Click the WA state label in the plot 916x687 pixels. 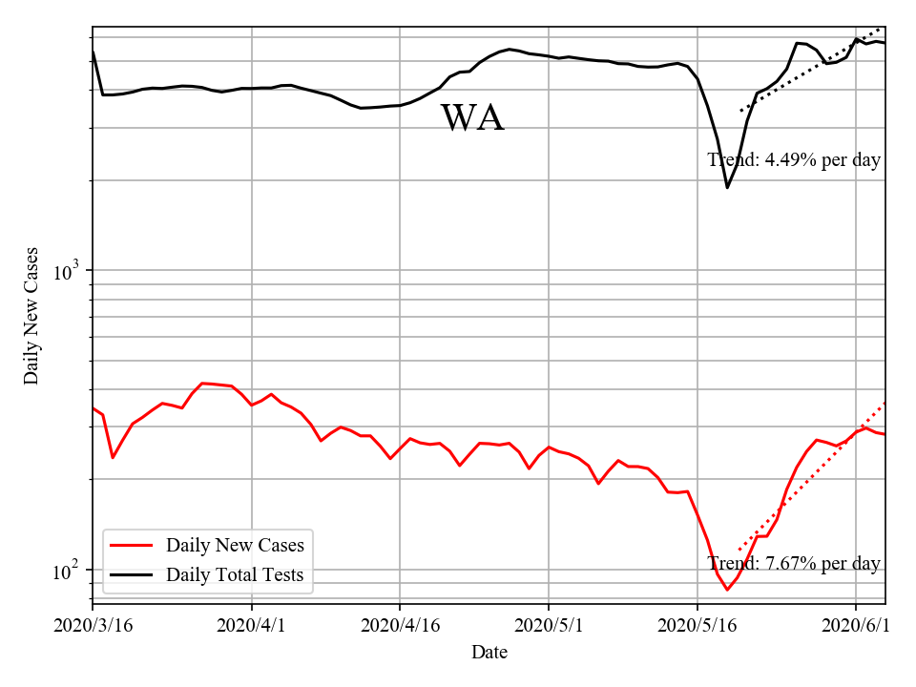[472, 118]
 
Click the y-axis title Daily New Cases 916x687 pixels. [31, 316]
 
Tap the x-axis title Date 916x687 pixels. [489, 653]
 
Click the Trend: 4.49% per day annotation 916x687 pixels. [794, 160]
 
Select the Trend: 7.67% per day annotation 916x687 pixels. [794, 564]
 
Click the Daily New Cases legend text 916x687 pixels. [235, 546]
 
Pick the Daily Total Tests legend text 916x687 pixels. [235, 574]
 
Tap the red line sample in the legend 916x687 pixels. [132, 546]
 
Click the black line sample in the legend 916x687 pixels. [132, 574]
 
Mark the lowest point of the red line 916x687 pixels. [727, 590]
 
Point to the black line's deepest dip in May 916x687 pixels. [727, 187]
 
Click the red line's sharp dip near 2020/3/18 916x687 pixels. [113, 458]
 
